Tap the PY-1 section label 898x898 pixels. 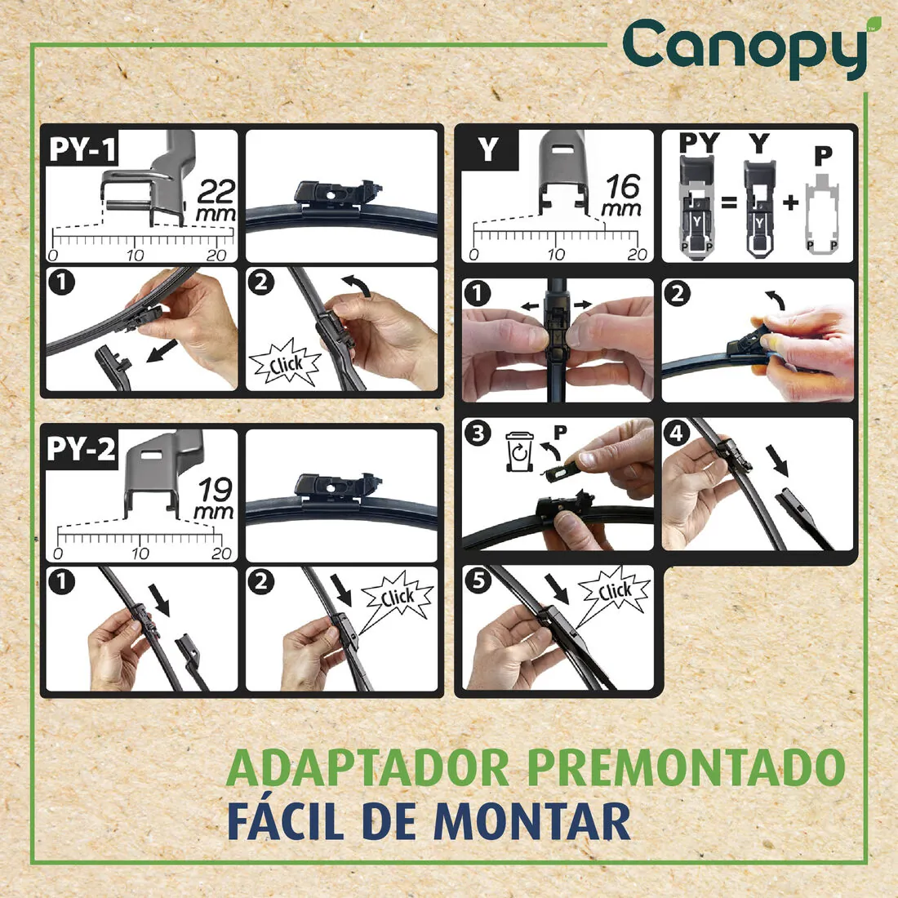tap(82, 150)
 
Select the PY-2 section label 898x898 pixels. tap(81, 449)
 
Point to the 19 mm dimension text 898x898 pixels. tap(215, 499)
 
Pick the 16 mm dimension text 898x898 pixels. tap(622, 195)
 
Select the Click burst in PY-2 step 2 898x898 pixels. tap(397, 598)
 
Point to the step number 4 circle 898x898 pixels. tap(678, 433)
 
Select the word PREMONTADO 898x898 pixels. tap(686, 767)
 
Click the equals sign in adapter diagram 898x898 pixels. tap(728, 202)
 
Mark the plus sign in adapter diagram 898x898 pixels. tap(789, 202)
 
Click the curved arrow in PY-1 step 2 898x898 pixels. tap(354, 287)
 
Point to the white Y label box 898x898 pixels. tap(488, 149)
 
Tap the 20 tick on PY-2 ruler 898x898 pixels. tap(221, 553)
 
